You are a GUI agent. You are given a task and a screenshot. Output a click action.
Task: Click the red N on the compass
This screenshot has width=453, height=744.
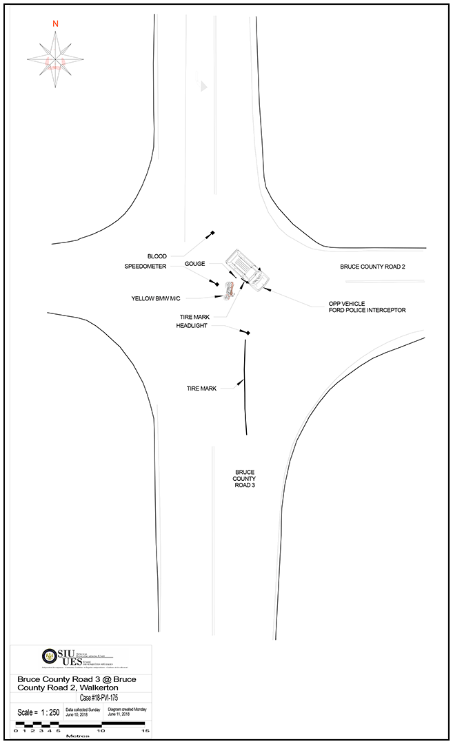[x=55, y=23]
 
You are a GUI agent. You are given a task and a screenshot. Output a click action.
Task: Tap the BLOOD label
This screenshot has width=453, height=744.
[x=157, y=256]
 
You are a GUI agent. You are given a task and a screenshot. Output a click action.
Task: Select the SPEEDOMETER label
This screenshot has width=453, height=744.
[x=145, y=266]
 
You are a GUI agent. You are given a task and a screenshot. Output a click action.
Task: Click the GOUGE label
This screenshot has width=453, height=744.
[x=195, y=264]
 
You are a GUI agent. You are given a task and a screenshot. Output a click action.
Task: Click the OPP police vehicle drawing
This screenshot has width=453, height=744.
[x=246, y=270]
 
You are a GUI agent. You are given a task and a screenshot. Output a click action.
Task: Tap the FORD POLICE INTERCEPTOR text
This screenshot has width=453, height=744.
[x=367, y=311]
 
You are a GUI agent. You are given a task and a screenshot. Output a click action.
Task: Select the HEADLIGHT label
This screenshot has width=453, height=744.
[x=192, y=326]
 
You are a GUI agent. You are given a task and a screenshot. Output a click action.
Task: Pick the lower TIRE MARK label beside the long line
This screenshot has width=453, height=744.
[x=201, y=389]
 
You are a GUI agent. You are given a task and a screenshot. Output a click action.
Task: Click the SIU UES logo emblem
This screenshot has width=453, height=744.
[x=49, y=656]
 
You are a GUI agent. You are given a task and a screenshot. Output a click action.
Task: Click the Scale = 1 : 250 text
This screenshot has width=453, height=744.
[x=36, y=712]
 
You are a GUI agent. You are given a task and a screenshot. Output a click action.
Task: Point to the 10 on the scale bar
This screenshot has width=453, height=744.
[x=101, y=731]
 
